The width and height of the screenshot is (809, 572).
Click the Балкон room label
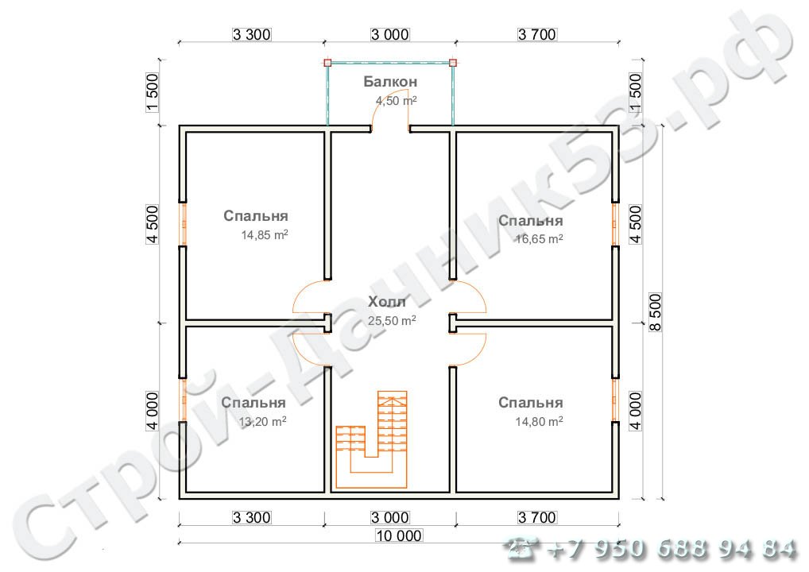click(x=390, y=82)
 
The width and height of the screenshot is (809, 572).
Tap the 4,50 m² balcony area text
click(x=397, y=101)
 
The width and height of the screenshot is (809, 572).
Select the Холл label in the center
click(x=387, y=302)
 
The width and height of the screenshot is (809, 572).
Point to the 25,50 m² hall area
click(x=392, y=321)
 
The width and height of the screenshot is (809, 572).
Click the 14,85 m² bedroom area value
click(x=265, y=235)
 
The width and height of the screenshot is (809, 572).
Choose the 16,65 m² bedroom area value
click(x=539, y=239)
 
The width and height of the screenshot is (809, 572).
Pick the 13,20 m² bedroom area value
click(x=262, y=422)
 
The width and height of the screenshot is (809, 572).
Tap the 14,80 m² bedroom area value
click(x=539, y=422)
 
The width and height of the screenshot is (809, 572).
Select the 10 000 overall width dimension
click(x=399, y=536)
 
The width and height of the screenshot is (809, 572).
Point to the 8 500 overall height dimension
click(x=656, y=312)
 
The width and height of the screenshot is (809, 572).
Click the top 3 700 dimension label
click(x=537, y=34)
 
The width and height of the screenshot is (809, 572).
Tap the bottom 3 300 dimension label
click(x=251, y=517)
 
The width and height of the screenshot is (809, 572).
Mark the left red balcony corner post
click(x=327, y=63)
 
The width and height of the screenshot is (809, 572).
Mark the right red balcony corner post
click(x=452, y=63)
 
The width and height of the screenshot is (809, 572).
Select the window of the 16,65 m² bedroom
click(x=614, y=224)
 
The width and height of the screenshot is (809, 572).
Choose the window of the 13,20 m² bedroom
click(x=183, y=400)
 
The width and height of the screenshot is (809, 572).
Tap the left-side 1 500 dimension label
click(x=153, y=93)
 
